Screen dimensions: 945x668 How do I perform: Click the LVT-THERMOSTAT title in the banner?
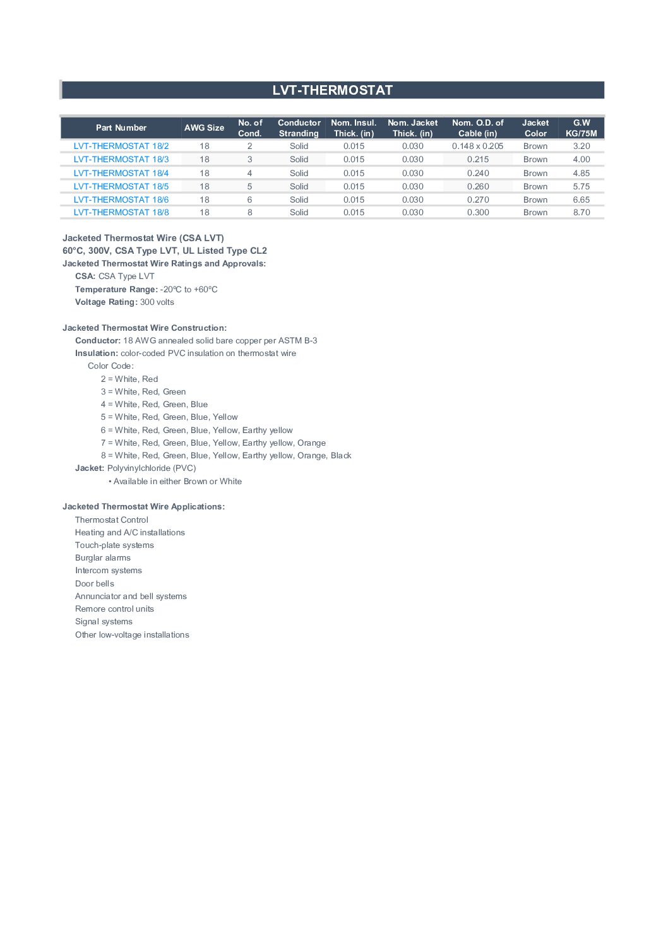pos(333,90)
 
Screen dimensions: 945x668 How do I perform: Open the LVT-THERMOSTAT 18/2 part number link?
pos(121,146)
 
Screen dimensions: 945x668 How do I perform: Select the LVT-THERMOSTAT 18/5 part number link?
pos(121,186)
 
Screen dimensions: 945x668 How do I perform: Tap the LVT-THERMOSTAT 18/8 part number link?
pos(121,212)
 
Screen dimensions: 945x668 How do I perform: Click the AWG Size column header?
pos(204,128)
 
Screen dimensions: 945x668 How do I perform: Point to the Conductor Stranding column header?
pos(299,128)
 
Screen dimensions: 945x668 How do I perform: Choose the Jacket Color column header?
pos(535,128)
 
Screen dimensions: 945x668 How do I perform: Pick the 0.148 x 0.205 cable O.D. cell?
pos(477,146)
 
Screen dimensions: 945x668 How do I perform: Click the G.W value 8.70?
pos(581,212)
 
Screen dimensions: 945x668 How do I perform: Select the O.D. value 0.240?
pos(478,173)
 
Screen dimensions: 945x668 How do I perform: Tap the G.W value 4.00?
pos(581,159)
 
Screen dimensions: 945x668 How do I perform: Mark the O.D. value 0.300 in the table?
pos(478,212)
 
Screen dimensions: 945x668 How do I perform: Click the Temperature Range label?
pos(116,289)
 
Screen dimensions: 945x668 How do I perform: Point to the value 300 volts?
pos(157,302)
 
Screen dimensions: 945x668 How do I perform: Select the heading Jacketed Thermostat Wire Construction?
pos(145,328)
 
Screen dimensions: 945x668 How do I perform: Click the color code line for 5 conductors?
pos(169,417)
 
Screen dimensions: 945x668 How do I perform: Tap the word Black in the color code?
pos(341,455)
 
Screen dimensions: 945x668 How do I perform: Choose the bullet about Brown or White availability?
pos(176,481)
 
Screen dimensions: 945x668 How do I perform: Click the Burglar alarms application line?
pos(103,557)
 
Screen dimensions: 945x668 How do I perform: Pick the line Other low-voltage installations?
pos(132,634)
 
